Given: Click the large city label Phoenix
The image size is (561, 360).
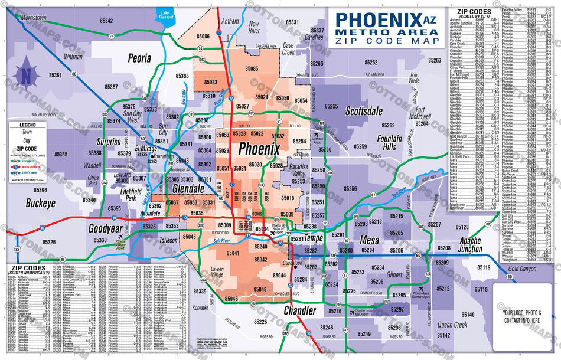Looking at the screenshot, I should pyautogui.click(x=259, y=149).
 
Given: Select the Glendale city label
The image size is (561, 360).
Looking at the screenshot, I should pyautogui.click(x=188, y=189).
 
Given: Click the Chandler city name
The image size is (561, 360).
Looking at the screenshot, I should pyautogui.click(x=300, y=310).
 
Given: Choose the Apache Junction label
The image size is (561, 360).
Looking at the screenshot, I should pyautogui.click(x=471, y=244).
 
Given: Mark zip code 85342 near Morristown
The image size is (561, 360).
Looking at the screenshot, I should pyautogui.click(x=106, y=21).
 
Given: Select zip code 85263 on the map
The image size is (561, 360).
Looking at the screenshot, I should pyautogui.click(x=435, y=60).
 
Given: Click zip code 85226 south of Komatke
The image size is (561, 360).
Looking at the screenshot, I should pyautogui.click(x=260, y=322).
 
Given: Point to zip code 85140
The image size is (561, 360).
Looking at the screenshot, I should pyautogui.click(x=468, y=315).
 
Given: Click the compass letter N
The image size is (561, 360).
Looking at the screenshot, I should pyautogui.click(x=26, y=76).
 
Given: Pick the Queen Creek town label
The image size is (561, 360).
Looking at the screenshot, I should pyautogui.click(x=452, y=325).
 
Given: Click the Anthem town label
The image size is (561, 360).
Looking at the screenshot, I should pyautogui.click(x=230, y=21).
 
